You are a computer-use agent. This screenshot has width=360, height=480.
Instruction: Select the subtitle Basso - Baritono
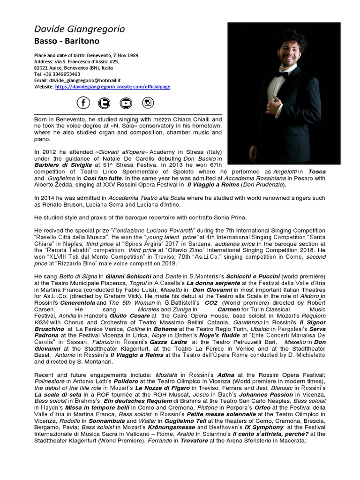(x=66, y=42)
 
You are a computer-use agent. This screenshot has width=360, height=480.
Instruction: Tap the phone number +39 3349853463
(x=60, y=74)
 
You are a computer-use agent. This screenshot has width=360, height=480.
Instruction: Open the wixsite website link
(x=112, y=87)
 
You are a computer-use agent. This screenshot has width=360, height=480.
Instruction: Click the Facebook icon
(x=83, y=103)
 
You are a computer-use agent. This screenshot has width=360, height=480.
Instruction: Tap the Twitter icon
(x=104, y=103)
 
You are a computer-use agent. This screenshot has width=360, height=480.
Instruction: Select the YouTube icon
(x=126, y=103)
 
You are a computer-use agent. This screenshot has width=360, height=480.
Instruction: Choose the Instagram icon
(x=148, y=103)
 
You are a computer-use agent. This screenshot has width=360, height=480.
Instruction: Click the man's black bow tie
(x=282, y=74)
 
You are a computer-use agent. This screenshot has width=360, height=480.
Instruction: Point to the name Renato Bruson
(x=68, y=205)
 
